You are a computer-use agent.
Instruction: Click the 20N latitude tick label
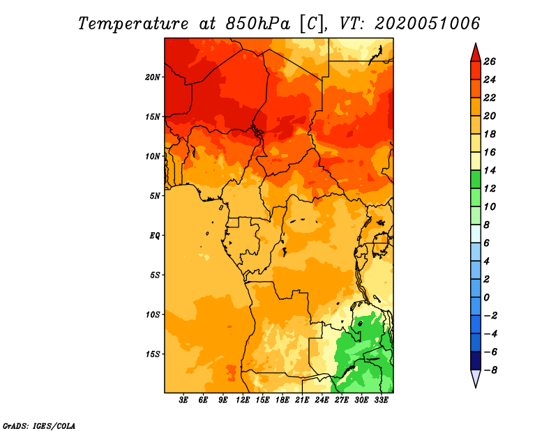[153, 77]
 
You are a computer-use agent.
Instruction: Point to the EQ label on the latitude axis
[155, 236]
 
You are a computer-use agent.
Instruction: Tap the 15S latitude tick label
[153, 354]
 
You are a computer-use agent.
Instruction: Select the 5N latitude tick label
[155, 196]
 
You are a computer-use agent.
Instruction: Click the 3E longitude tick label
[183, 400]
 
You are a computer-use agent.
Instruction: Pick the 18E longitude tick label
[282, 400]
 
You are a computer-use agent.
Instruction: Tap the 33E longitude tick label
[381, 400]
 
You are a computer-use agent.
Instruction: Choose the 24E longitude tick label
[322, 400]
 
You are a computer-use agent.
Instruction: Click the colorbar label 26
[490, 61]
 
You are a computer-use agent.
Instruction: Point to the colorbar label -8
[490, 370]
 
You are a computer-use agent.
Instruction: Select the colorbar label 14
[490, 170]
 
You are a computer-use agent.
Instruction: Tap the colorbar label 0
[486, 298]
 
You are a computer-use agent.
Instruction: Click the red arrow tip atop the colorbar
[476, 43]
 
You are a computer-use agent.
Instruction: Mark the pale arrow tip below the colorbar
[476, 387]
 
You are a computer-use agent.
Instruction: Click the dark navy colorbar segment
[476, 361]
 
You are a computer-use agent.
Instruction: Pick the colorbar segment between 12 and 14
[476, 179]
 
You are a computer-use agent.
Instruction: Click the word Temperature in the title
[133, 24]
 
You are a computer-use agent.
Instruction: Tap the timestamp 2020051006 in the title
[428, 24]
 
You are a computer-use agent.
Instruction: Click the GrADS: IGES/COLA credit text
[39, 426]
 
